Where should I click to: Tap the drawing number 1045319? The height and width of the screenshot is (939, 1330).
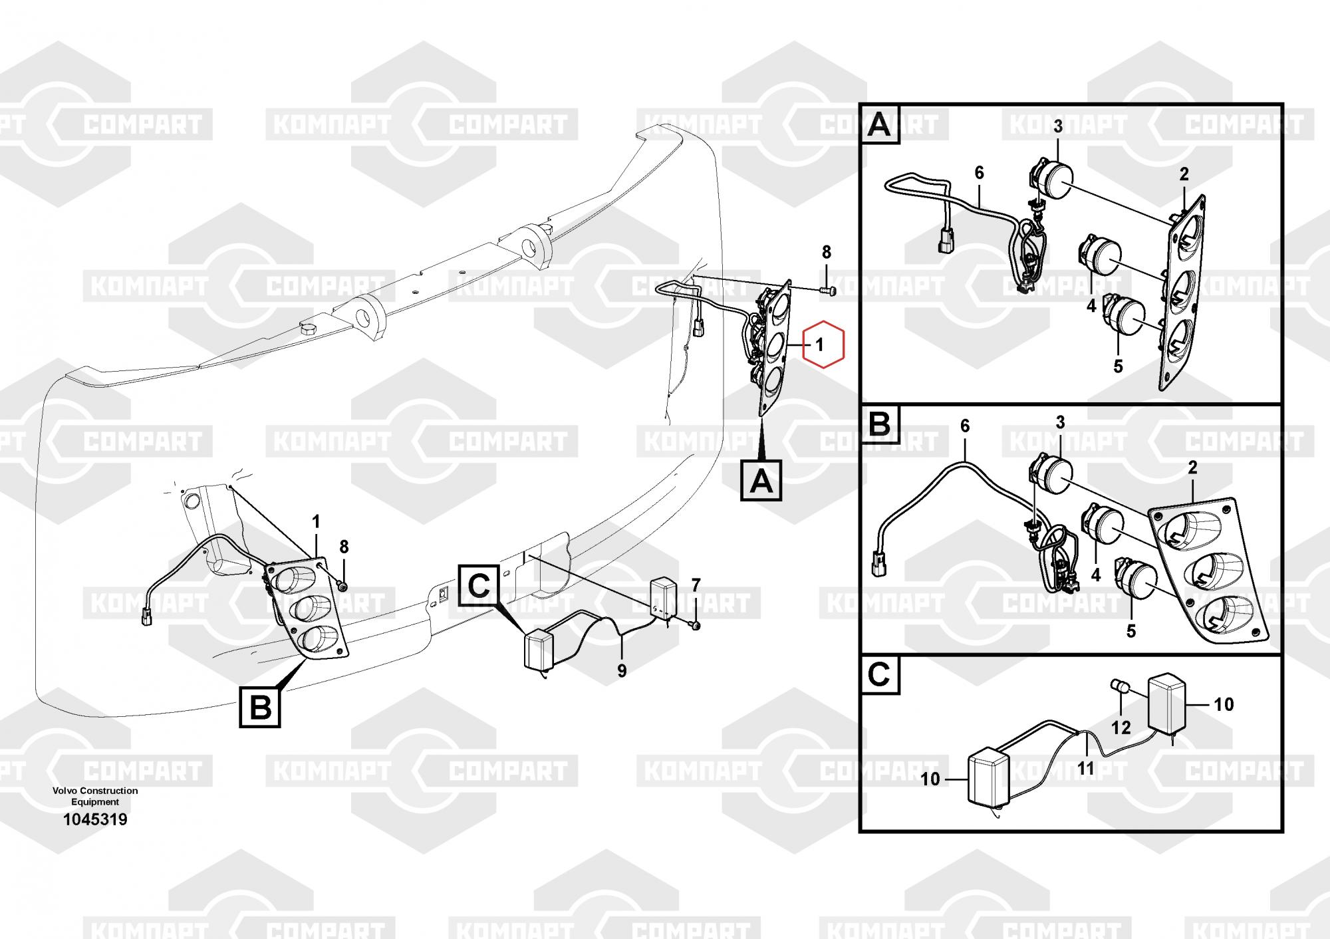(x=95, y=819)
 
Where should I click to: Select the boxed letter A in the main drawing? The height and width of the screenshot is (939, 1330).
(x=761, y=481)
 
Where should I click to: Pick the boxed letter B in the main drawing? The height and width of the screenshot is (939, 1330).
(x=260, y=708)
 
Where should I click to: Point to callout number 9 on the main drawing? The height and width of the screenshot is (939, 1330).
(x=622, y=671)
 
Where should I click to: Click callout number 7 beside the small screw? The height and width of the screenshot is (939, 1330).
(x=696, y=585)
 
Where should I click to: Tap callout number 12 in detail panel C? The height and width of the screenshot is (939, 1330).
(x=1121, y=728)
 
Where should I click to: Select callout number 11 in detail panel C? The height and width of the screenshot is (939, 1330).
(x=1085, y=769)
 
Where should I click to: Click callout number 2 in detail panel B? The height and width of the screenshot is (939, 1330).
(x=1192, y=468)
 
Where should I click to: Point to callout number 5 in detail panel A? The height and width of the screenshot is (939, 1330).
(x=1118, y=366)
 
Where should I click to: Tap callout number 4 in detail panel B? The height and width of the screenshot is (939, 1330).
(x=1096, y=574)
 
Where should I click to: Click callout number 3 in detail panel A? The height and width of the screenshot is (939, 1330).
(x=1057, y=126)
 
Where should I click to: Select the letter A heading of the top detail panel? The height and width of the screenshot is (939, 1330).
(x=880, y=125)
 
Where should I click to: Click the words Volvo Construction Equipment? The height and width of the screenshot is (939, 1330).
(x=95, y=796)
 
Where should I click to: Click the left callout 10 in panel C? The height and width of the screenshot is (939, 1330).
(x=930, y=778)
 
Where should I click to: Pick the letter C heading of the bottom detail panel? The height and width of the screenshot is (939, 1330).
(x=879, y=676)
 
